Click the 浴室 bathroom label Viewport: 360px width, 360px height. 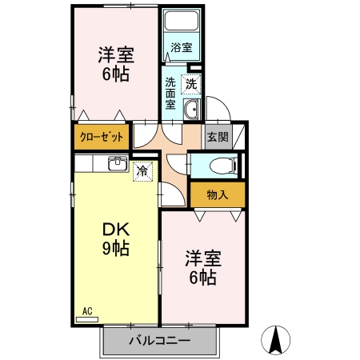[182, 48]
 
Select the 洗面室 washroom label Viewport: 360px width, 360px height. [171, 92]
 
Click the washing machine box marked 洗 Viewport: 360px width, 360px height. [192, 82]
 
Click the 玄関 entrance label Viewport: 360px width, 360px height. [218, 137]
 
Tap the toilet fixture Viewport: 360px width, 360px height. [221, 166]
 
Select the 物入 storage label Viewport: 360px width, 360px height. [218, 194]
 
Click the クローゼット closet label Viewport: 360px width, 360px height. [102, 137]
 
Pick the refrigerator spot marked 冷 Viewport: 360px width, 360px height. [142, 170]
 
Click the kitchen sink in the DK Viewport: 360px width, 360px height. [117, 164]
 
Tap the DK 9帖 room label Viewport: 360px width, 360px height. [115, 238]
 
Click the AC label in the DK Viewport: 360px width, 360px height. [87, 310]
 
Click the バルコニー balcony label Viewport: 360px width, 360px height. [159, 341]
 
